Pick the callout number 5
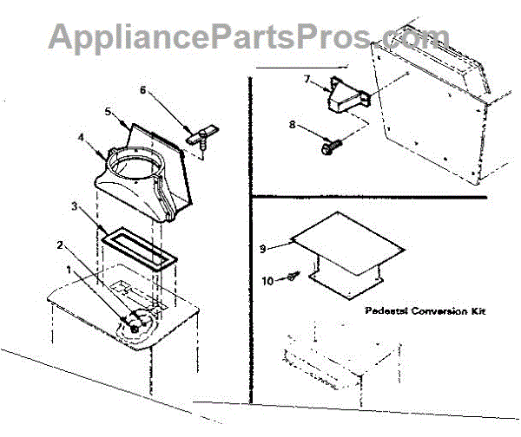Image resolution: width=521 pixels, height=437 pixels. coord(109,111)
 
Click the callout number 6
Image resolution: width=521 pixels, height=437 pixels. coord(144,90)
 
